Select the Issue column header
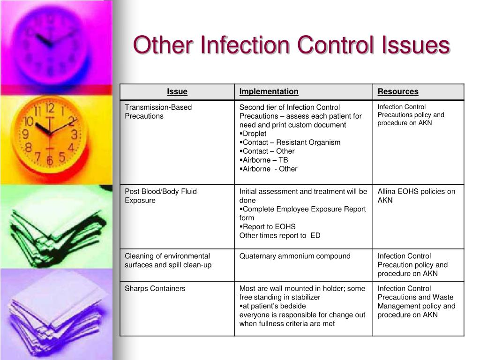177,91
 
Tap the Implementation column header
269,91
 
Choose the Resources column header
398,91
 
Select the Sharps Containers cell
155,288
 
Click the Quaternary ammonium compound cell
295,256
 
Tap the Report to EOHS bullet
268,227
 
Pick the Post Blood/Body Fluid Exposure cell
161,196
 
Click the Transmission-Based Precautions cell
158,112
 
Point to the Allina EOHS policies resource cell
416,196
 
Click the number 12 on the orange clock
50,108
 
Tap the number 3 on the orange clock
74,134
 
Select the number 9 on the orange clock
26,134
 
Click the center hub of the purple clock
51,45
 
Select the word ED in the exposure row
315,235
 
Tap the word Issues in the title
415,45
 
